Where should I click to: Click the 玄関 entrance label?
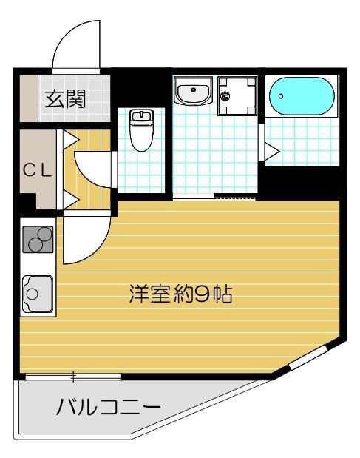point(65,99)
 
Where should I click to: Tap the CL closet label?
point(36,170)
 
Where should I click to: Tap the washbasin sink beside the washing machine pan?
point(194,93)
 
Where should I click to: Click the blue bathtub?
point(302,97)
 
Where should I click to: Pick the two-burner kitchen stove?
point(38,239)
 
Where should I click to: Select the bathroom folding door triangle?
point(271,152)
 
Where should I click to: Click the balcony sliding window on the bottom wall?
point(73,377)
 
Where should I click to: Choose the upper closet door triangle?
point(71,138)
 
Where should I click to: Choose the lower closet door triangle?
point(71,198)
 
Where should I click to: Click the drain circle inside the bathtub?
point(281,96)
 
